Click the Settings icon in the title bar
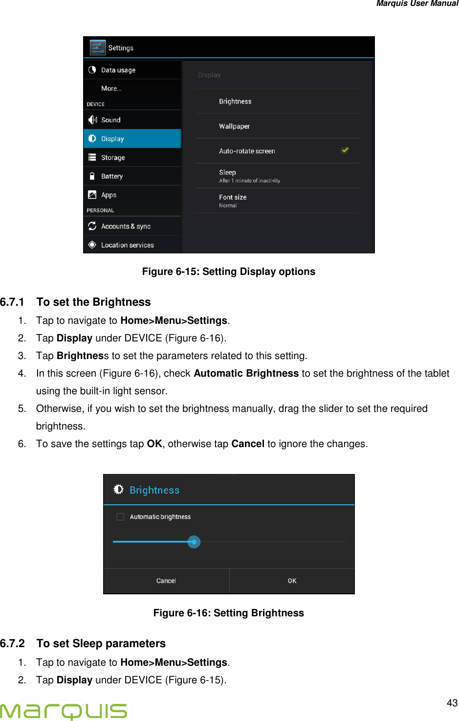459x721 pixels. (98, 48)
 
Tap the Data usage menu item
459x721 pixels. (118, 70)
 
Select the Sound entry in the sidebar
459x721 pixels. (110, 120)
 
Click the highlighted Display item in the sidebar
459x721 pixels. (112, 139)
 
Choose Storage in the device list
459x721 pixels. (113, 158)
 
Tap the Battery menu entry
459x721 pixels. (112, 176)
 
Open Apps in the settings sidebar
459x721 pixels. (109, 195)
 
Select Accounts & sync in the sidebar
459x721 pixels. (126, 226)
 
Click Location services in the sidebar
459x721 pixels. (127, 245)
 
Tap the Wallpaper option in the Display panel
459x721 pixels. (234, 126)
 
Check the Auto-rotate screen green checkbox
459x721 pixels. (345, 151)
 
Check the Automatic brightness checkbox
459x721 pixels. (120, 517)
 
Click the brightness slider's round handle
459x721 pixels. (194, 542)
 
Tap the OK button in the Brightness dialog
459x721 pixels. (292, 581)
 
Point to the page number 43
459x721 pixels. (452, 703)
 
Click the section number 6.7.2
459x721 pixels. (13, 643)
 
